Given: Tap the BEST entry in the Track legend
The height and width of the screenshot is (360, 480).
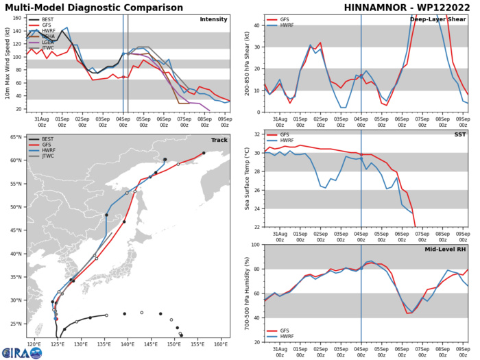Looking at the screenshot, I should click(x=47, y=140).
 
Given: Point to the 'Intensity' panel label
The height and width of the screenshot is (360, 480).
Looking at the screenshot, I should click(x=213, y=19).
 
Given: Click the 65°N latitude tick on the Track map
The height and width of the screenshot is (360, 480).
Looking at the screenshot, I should click(x=16, y=137).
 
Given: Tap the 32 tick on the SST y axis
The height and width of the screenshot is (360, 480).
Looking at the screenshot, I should click(x=256, y=134).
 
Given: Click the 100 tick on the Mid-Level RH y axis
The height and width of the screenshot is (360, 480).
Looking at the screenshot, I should click(x=254, y=245).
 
